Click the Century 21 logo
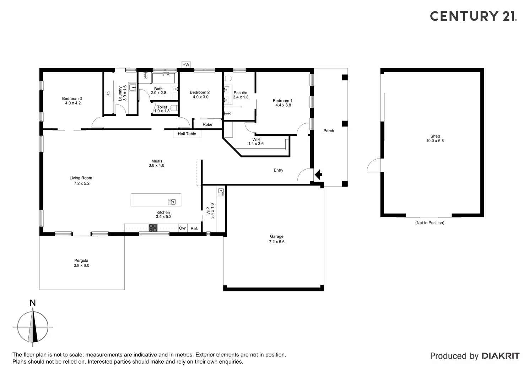473,16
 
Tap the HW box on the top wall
186,65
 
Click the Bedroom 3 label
72,98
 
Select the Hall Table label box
187,134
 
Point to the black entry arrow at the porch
318,175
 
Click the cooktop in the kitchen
153,228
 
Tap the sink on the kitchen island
172,202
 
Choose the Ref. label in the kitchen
194,229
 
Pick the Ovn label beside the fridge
183,228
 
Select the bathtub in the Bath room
163,78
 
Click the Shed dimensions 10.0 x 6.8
435,141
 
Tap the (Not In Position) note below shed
430,223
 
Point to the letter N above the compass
33,303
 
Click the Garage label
276,236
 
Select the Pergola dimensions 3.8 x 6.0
81,266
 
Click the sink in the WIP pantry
221,192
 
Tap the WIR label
256,139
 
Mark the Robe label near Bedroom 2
207,124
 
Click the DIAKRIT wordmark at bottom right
500,356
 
